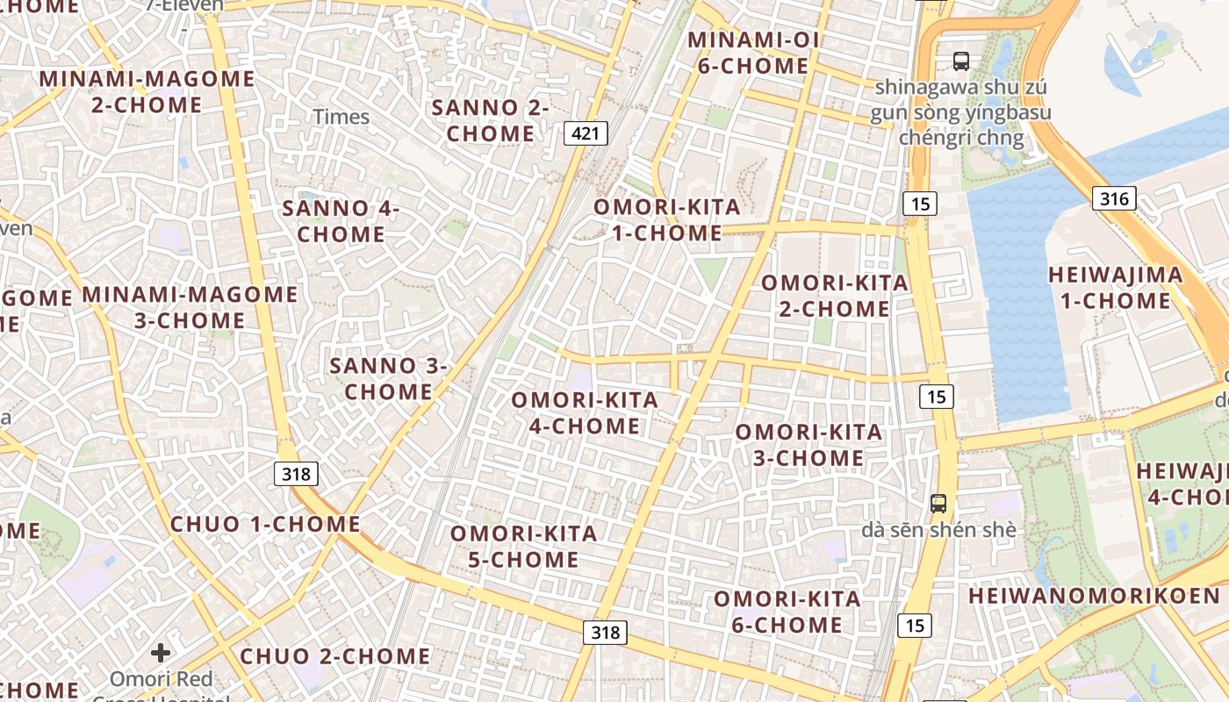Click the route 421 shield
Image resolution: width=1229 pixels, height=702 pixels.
click(586, 133)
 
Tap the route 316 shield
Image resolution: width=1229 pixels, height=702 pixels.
click(1114, 198)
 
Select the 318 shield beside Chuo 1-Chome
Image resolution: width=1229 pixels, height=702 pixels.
click(296, 475)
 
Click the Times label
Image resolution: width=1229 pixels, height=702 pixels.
click(341, 117)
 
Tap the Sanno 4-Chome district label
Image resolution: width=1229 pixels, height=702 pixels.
click(341, 221)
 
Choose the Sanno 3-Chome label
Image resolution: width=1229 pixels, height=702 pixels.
click(388, 378)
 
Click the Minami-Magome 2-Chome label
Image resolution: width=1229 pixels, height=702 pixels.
click(147, 91)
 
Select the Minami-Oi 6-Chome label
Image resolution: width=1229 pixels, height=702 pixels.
click(753, 53)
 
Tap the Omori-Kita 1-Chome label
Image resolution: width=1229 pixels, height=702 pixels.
click(667, 220)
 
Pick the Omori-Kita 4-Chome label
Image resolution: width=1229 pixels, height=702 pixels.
click(585, 412)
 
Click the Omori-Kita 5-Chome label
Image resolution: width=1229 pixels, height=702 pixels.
click(524, 546)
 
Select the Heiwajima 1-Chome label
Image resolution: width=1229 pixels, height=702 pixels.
click(1115, 288)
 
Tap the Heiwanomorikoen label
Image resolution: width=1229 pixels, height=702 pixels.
click(1094, 596)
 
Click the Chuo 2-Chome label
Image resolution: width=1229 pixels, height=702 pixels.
click(335, 656)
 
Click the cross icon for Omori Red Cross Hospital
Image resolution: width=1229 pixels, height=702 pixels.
click(161, 653)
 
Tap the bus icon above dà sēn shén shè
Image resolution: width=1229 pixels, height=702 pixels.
click(938, 504)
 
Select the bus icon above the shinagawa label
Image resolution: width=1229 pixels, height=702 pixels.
click(961, 61)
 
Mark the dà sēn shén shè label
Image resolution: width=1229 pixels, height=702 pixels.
click(938, 530)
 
